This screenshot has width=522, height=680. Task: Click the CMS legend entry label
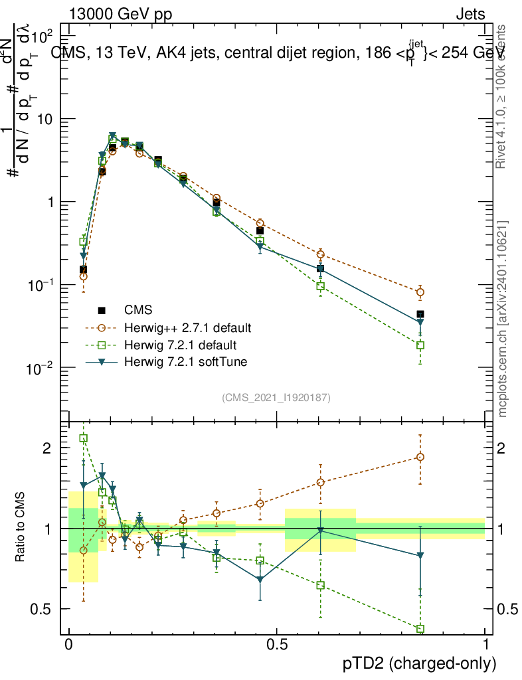coord(138,310)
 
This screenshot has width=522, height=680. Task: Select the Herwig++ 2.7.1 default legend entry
coord(187,328)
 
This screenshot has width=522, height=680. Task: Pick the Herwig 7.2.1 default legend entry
coord(181,345)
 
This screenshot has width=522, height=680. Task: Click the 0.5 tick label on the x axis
coord(277,645)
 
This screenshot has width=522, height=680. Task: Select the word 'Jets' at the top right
coord(470,14)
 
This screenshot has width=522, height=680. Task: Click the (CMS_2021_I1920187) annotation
coord(276,398)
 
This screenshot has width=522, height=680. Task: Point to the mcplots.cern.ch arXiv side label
coord(503,318)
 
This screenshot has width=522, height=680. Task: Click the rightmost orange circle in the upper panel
coord(420,292)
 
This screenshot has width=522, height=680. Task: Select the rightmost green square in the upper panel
coord(420,345)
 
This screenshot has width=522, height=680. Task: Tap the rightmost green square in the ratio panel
coord(420,629)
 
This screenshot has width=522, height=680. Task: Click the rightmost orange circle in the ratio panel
coord(420,457)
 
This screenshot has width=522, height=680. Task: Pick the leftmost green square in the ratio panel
coord(84,438)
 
